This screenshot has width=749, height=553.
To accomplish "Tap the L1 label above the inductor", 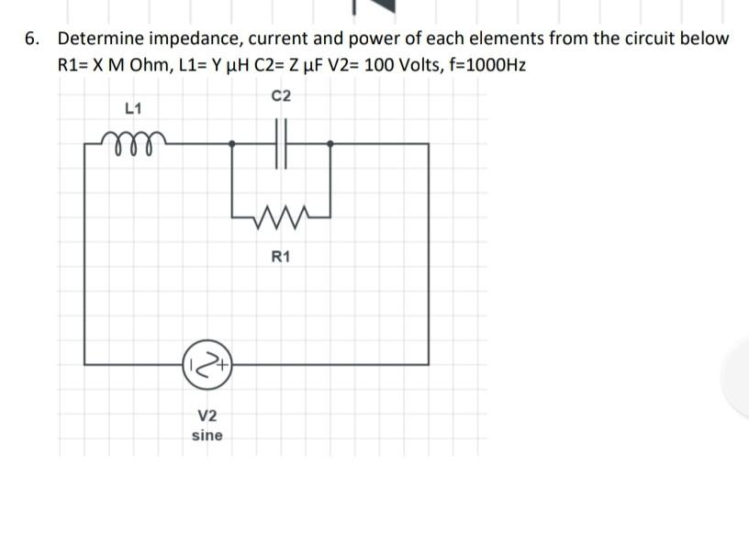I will [132, 108].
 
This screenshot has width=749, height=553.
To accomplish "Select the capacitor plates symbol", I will [281, 143].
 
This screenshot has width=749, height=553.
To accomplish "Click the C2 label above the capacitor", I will [281, 95].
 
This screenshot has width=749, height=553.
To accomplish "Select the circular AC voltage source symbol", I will [207, 364].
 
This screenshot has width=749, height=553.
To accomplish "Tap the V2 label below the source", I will [207, 415].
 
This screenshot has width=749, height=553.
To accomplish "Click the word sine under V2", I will [207, 435].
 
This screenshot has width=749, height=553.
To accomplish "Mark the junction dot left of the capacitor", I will [232, 143].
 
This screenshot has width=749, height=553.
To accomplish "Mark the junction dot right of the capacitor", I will [330, 143].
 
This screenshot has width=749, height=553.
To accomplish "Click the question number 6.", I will [32, 39].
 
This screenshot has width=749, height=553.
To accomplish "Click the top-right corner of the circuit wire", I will [428, 144].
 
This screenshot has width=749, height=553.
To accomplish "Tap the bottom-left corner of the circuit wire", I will [85, 364].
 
